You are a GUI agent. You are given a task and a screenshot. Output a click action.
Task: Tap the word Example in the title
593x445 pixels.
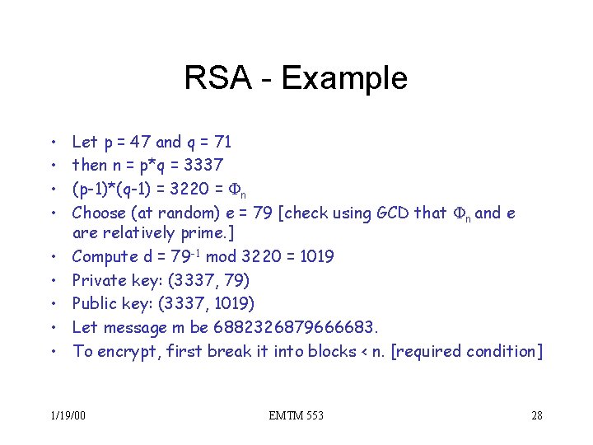(x=343, y=79)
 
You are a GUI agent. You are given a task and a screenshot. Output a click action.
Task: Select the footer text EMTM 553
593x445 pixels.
(x=296, y=415)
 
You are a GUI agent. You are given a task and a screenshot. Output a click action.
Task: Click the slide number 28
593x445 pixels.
(x=536, y=415)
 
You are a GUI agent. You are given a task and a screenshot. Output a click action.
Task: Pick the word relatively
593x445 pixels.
(x=139, y=232)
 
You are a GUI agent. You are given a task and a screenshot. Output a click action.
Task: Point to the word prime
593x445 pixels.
(x=198, y=232)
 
